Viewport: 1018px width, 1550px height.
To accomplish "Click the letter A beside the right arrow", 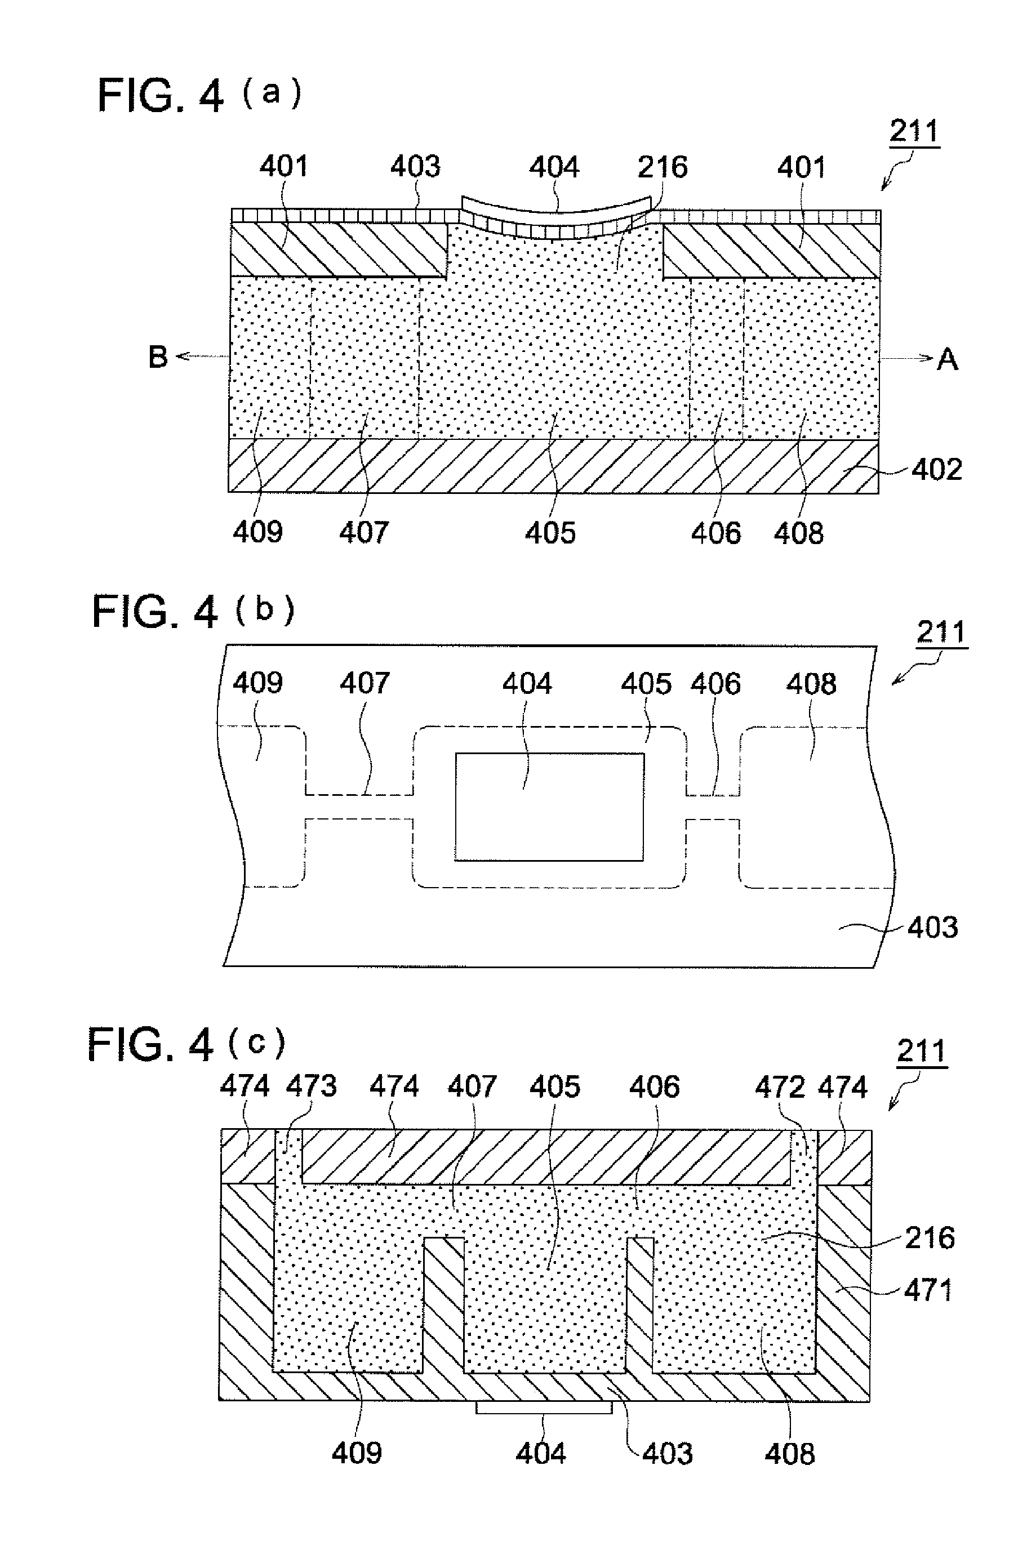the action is pyautogui.click(x=948, y=359).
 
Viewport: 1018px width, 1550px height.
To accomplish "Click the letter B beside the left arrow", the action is pyautogui.click(x=158, y=357).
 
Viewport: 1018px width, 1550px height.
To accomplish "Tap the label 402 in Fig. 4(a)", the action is pyautogui.click(x=936, y=469).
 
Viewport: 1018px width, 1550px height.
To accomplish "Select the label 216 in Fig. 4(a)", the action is pyautogui.click(x=663, y=167).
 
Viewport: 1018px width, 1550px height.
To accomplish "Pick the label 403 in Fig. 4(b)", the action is pyautogui.click(x=933, y=928).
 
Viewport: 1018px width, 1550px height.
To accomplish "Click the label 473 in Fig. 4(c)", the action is pyautogui.click(x=312, y=1086).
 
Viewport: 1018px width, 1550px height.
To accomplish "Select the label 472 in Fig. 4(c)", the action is pyautogui.click(x=780, y=1087).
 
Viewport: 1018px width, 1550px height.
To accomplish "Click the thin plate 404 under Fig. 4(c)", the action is pyautogui.click(x=544, y=1408).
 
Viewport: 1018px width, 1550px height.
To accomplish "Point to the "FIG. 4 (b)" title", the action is pyautogui.click(x=193, y=612).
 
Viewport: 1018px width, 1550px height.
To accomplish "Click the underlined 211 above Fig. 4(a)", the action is pyautogui.click(x=914, y=132).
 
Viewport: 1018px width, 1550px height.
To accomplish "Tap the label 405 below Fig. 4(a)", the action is pyautogui.click(x=550, y=533).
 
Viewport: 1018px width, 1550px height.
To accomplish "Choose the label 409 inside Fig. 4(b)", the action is pyautogui.click(x=258, y=683).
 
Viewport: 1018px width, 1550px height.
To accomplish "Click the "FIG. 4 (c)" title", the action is pyautogui.click(x=186, y=1044).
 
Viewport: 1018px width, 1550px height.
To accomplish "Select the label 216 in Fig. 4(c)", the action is pyautogui.click(x=930, y=1237).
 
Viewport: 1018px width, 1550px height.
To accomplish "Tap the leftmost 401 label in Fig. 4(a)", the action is pyautogui.click(x=284, y=166).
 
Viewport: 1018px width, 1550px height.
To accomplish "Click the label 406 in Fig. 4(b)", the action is pyautogui.click(x=716, y=684).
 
